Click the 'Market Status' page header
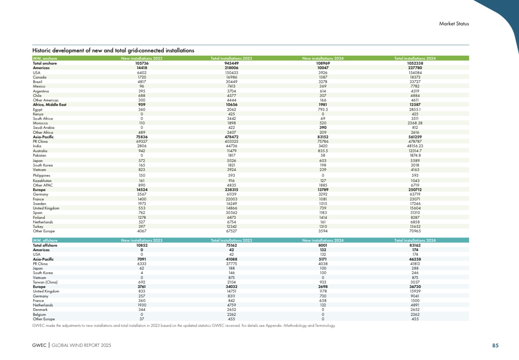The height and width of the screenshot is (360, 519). click(x=454, y=23)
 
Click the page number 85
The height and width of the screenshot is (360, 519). click(x=495, y=346)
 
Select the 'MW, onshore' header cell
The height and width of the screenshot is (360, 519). click(x=42, y=59)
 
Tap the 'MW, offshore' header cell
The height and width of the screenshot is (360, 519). click(x=43, y=240)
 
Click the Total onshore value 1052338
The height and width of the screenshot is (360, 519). click(x=415, y=63)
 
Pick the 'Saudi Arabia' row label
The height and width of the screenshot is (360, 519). click(x=43, y=128)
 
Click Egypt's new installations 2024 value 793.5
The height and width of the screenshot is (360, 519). click(x=323, y=109)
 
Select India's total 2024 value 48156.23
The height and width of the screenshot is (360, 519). click(x=415, y=146)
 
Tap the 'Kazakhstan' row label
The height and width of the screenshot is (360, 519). click(x=42, y=180)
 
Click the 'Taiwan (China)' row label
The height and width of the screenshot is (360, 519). click(x=45, y=282)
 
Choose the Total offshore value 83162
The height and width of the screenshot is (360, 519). click(x=415, y=245)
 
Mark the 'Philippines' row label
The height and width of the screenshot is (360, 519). click(x=42, y=175)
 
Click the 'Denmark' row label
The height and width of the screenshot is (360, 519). click(x=40, y=310)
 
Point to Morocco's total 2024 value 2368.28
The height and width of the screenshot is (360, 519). click(x=415, y=123)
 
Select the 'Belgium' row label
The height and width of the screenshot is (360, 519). click(x=40, y=314)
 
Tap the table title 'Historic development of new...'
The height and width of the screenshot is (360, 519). click(x=113, y=50)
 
